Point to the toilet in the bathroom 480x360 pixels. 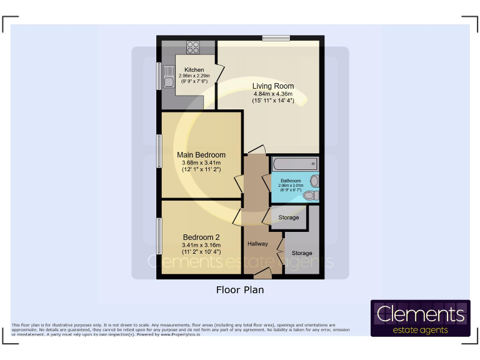coord(309,196)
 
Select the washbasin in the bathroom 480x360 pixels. coord(314,181)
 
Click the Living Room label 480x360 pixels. coord(273,86)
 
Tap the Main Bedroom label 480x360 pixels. coord(201,155)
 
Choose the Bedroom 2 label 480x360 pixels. coord(201,237)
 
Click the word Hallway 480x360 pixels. coord(257,244)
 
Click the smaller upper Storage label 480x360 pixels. coord(288,217)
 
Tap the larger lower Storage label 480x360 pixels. coord(302,253)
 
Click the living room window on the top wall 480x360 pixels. coord(276,38)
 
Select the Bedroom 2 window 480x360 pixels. coord(159,237)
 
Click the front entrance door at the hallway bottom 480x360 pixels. coord(262,274)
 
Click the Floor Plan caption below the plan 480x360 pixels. coord(240,290)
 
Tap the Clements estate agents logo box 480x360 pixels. coord(420,318)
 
